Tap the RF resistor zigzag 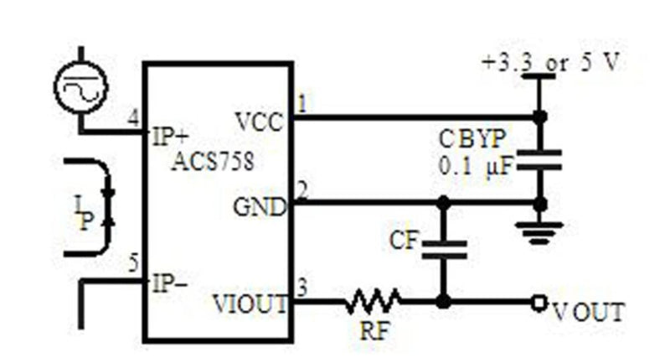pos(373,301)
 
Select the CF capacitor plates pos(444,250)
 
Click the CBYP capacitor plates pos(539,160)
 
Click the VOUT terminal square pos(539,303)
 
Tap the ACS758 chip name pos(213,162)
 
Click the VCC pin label pos(260,122)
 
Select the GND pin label pos(260,207)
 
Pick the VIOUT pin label pos(250,304)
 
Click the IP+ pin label pos(170,137)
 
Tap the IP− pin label pos(170,283)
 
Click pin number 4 pos(134,118)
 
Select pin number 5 pos(134,263)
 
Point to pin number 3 pos(302,288)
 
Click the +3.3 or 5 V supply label pos(551,63)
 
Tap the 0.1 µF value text pos(476,166)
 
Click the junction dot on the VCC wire pos(540,117)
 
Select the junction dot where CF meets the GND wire pos(444,202)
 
